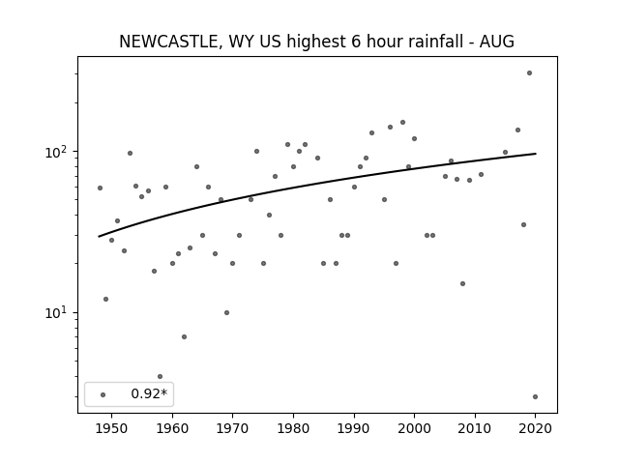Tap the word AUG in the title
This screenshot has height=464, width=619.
pyautogui.click(x=496, y=42)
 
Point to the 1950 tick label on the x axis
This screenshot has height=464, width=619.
pyautogui.click(x=112, y=428)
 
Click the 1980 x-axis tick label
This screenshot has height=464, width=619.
pyautogui.click(x=293, y=428)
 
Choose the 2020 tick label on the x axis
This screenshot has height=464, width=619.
pyautogui.click(x=535, y=428)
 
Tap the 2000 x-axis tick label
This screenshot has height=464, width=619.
pyautogui.click(x=414, y=428)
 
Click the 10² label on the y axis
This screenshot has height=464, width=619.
pyautogui.click(x=58, y=152)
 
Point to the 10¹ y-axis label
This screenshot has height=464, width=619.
pyautogui.click(x=58, y=313)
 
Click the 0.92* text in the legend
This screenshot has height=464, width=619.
pyautogui.click(x=149, y=393)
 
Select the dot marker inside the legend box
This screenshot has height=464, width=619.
pyautogui.click(x=103, y=394)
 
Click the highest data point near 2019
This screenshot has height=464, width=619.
pyautogui.click(x=529, y=73)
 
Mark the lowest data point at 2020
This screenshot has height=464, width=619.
pyautogui.click(x=535, y=397)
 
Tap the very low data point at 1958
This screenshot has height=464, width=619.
pyautogui.click(x=160, y=376)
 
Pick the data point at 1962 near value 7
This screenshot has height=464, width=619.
pyautogui.click(x=184, y=337)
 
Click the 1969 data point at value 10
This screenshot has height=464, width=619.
pyautogui.click(x=226, y=313)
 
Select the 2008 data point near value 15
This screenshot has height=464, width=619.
pyautogui.click(x=462, y=283)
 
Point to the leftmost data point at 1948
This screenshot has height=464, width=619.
pyautogui.click(x=100, y=188)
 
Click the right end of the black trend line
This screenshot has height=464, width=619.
pyautogui.click(x=536, y=154)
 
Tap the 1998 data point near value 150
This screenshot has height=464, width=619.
pyautogui.click(x=402, y=123)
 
